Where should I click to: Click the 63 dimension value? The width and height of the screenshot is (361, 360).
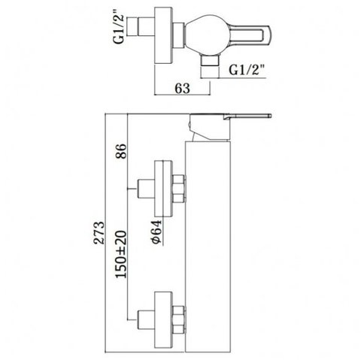[182, 89]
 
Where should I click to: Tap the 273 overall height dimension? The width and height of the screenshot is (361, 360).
[99, 232]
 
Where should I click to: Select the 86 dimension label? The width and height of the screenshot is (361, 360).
[121, 150]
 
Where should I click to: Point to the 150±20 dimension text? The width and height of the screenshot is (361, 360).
[121, 254]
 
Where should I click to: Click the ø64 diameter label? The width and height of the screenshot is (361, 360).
[156, 231]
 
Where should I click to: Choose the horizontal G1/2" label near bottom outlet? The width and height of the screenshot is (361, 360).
[247, 71]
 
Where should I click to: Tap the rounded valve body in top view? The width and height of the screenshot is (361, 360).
[207, 35]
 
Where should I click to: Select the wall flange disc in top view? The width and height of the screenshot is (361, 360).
[163, 35]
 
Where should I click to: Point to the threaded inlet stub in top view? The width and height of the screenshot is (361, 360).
[141, 26]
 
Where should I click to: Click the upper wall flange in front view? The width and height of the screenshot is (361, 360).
[163, 189]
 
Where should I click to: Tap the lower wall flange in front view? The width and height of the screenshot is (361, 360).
[163, 320]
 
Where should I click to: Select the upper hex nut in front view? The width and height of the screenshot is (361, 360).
[179, 189]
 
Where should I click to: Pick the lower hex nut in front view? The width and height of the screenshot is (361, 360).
[179, 319]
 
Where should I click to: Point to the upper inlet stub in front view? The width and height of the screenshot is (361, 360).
[146, 189]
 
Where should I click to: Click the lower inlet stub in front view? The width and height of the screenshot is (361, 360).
[146, 319]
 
